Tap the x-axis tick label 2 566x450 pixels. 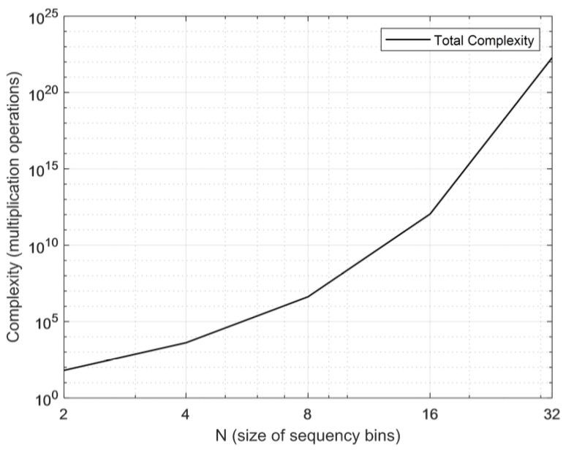[x=64, y=413]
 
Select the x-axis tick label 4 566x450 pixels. [x=186, y=413]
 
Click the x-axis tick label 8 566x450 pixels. [x=308, y=413]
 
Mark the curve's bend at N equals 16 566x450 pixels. [x=430, y=213]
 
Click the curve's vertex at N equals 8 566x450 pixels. [x=308, y=297]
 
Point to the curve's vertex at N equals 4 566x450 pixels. [x=186, y=343]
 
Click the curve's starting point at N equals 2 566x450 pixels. [x=64, y=370]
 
